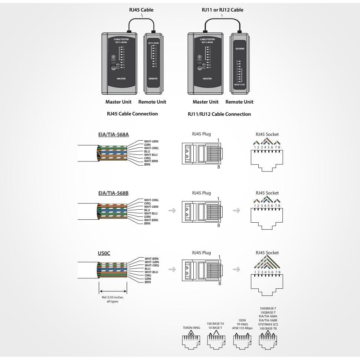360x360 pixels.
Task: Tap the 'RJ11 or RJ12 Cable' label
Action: point(222,10)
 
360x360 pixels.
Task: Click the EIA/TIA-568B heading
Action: point(112,193)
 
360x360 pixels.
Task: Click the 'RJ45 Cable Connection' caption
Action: point(132,114)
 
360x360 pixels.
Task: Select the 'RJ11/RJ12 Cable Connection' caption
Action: point(219,114)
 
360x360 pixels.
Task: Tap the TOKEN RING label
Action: point(191,328)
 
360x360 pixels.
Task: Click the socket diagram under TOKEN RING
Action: point(191,341)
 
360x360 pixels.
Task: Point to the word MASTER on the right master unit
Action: point(207,79)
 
